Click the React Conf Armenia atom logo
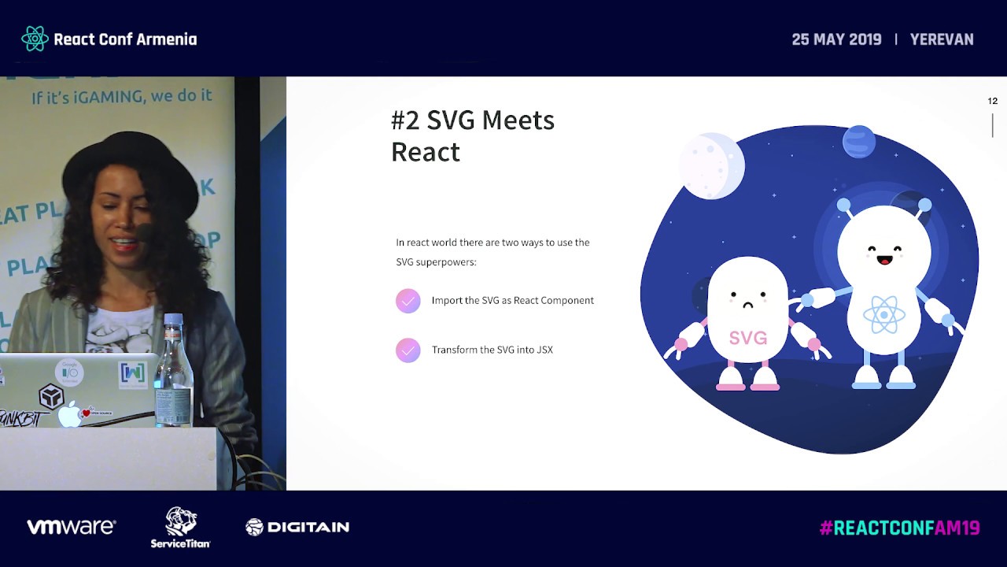pos(35,39)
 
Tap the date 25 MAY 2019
pos(836,39)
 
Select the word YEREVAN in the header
pos(942,39)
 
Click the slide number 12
pos(992,101)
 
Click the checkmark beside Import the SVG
pos(408,301)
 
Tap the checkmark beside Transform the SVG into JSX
pos(408,350)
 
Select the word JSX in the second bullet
pos(544,350)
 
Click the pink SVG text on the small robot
pos(747,338)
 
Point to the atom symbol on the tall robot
pos(883,315)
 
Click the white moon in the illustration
pos(711,165)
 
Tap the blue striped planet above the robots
pos(858,142)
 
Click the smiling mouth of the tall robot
pos(885,259)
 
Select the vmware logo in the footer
pos(72,527)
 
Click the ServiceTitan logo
pos(180,527)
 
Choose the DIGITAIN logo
pos(297,527)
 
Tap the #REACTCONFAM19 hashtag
pos(899,528)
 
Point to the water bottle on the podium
pos(174,370)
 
